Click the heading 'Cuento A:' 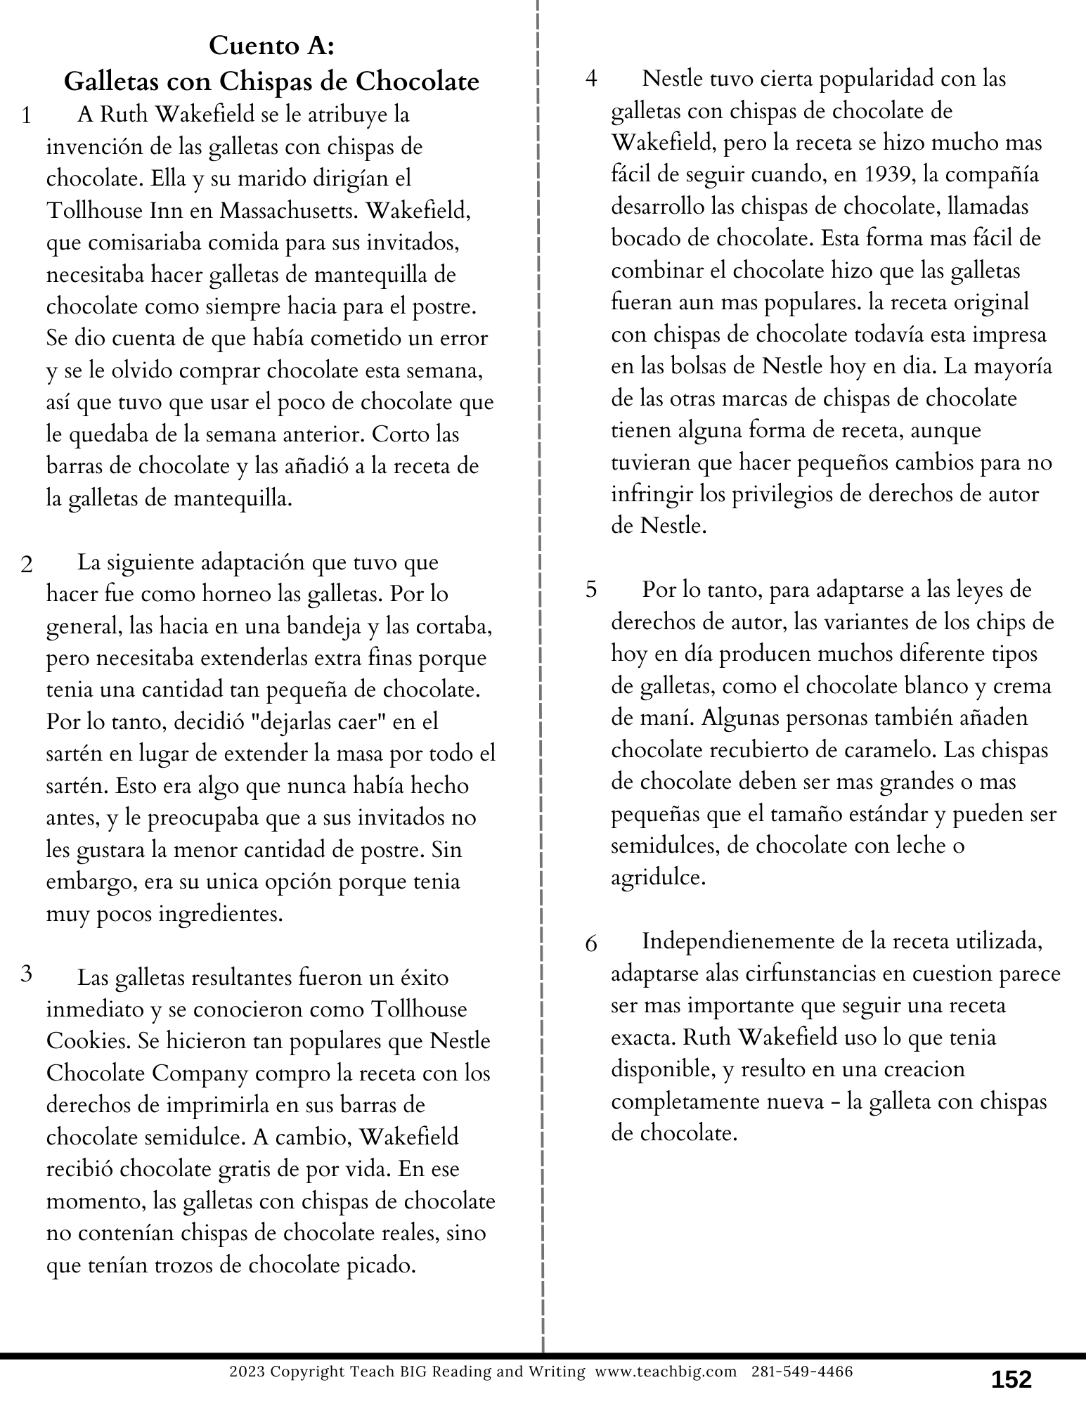[271, 46]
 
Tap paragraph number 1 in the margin [27, 116]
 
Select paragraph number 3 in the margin [27, 974]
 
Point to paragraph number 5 [591, 589]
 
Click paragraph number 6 [591, 943]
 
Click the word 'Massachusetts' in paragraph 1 [290, 211]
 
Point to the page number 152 [1011, 1379]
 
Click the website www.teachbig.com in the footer [666, 1372]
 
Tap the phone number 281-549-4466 [803, 1372]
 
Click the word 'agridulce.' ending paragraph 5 [658, 878]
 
